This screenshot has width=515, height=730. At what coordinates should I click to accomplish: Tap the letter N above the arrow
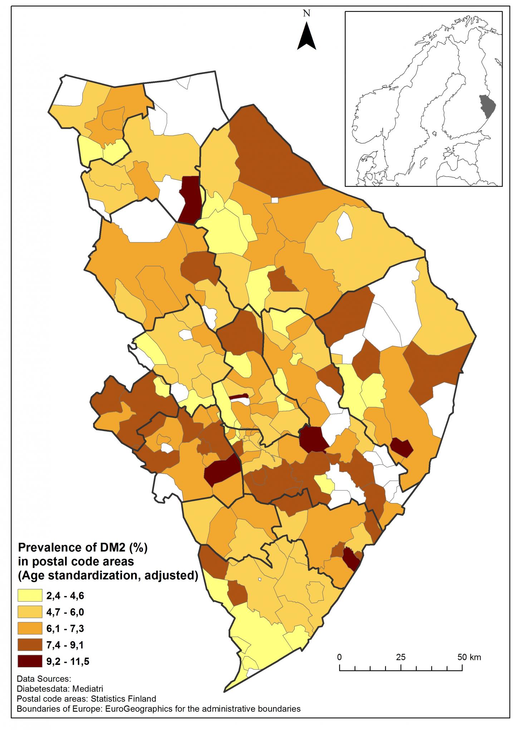(306, 14)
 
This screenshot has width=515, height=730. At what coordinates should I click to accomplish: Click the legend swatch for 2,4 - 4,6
(30, 595)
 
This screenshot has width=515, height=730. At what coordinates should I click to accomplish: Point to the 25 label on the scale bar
(401, 657)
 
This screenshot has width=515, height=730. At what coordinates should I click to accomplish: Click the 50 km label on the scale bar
(469, 657)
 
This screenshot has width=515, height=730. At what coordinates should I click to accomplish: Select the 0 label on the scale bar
(339, 657)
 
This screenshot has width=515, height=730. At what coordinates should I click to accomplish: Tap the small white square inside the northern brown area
(275, 200)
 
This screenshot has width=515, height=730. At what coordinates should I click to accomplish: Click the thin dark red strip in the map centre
(239, 396)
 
